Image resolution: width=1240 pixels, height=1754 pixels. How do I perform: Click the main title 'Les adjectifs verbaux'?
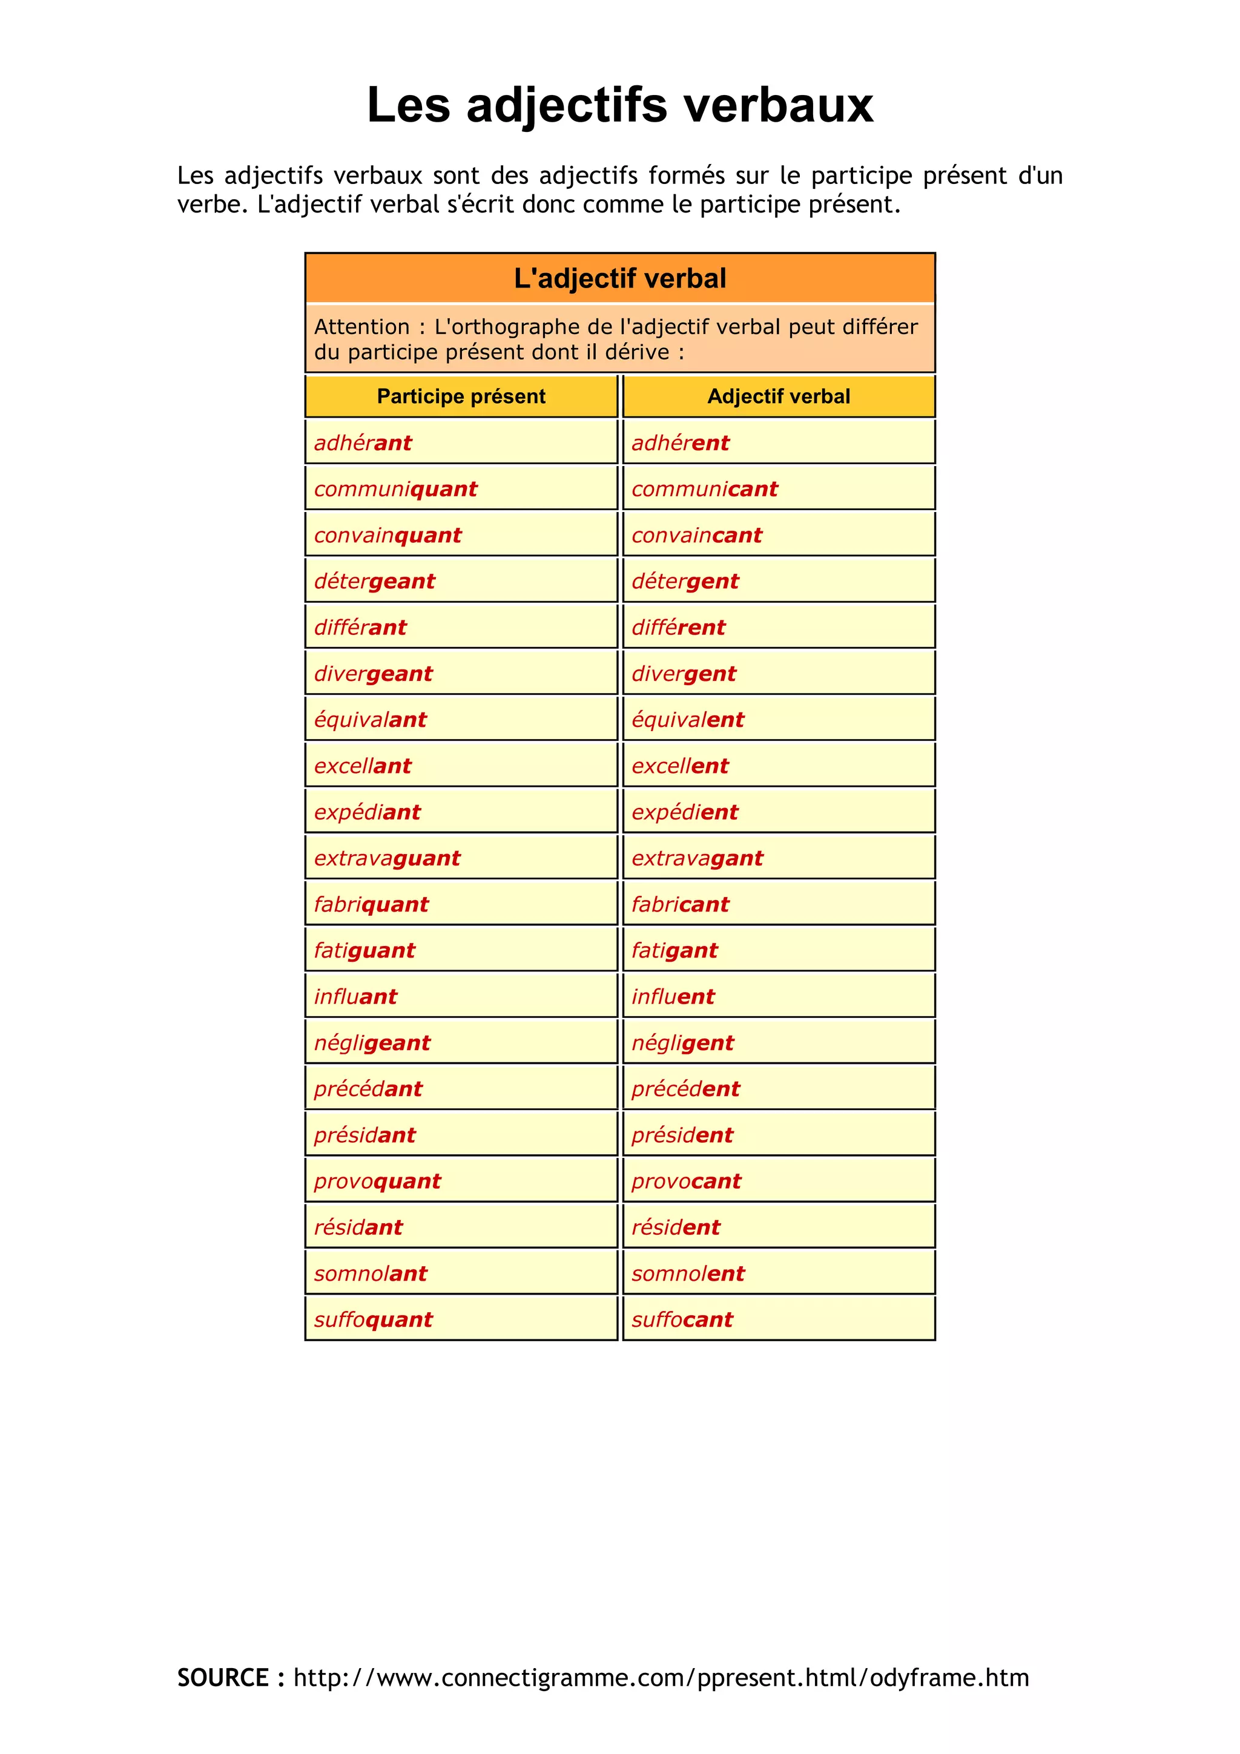tap(619, 105)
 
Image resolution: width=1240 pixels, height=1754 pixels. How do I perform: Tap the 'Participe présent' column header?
tap(461, 396)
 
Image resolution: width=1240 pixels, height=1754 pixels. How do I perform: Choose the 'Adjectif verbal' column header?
tap(779, 396)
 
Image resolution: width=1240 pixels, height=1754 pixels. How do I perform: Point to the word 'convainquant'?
tap(387, 536)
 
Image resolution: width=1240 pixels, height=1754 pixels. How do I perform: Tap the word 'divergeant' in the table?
tap(373, 674)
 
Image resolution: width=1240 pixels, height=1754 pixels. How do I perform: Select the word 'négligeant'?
tap(372, 1043)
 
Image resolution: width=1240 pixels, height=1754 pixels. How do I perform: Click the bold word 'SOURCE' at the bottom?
tap(223, 1678)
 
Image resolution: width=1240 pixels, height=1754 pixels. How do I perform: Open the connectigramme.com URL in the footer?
tap(661, 1678)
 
